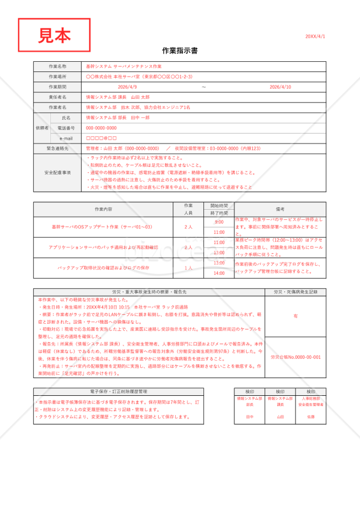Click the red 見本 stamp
coord(54,35)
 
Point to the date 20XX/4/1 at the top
coord(315,36)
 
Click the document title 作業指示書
coord(180,50)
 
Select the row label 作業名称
coord(57,66)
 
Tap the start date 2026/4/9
coord(127,87)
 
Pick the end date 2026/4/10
coord(280,87)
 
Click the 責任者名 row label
coord(57,97)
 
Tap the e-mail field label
coord(66,138)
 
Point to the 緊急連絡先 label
coord(57,149)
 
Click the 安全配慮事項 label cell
coord(57,173)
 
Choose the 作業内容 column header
coord(103,209)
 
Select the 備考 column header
coord(280,209)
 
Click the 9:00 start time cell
coord(219,222)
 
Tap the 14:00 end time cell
coord(219,273)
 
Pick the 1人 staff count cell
coord(188,268)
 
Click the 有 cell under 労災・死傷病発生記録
coord(295,316)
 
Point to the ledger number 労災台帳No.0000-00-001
coord(295,357)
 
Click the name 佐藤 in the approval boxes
coord(311,416)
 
